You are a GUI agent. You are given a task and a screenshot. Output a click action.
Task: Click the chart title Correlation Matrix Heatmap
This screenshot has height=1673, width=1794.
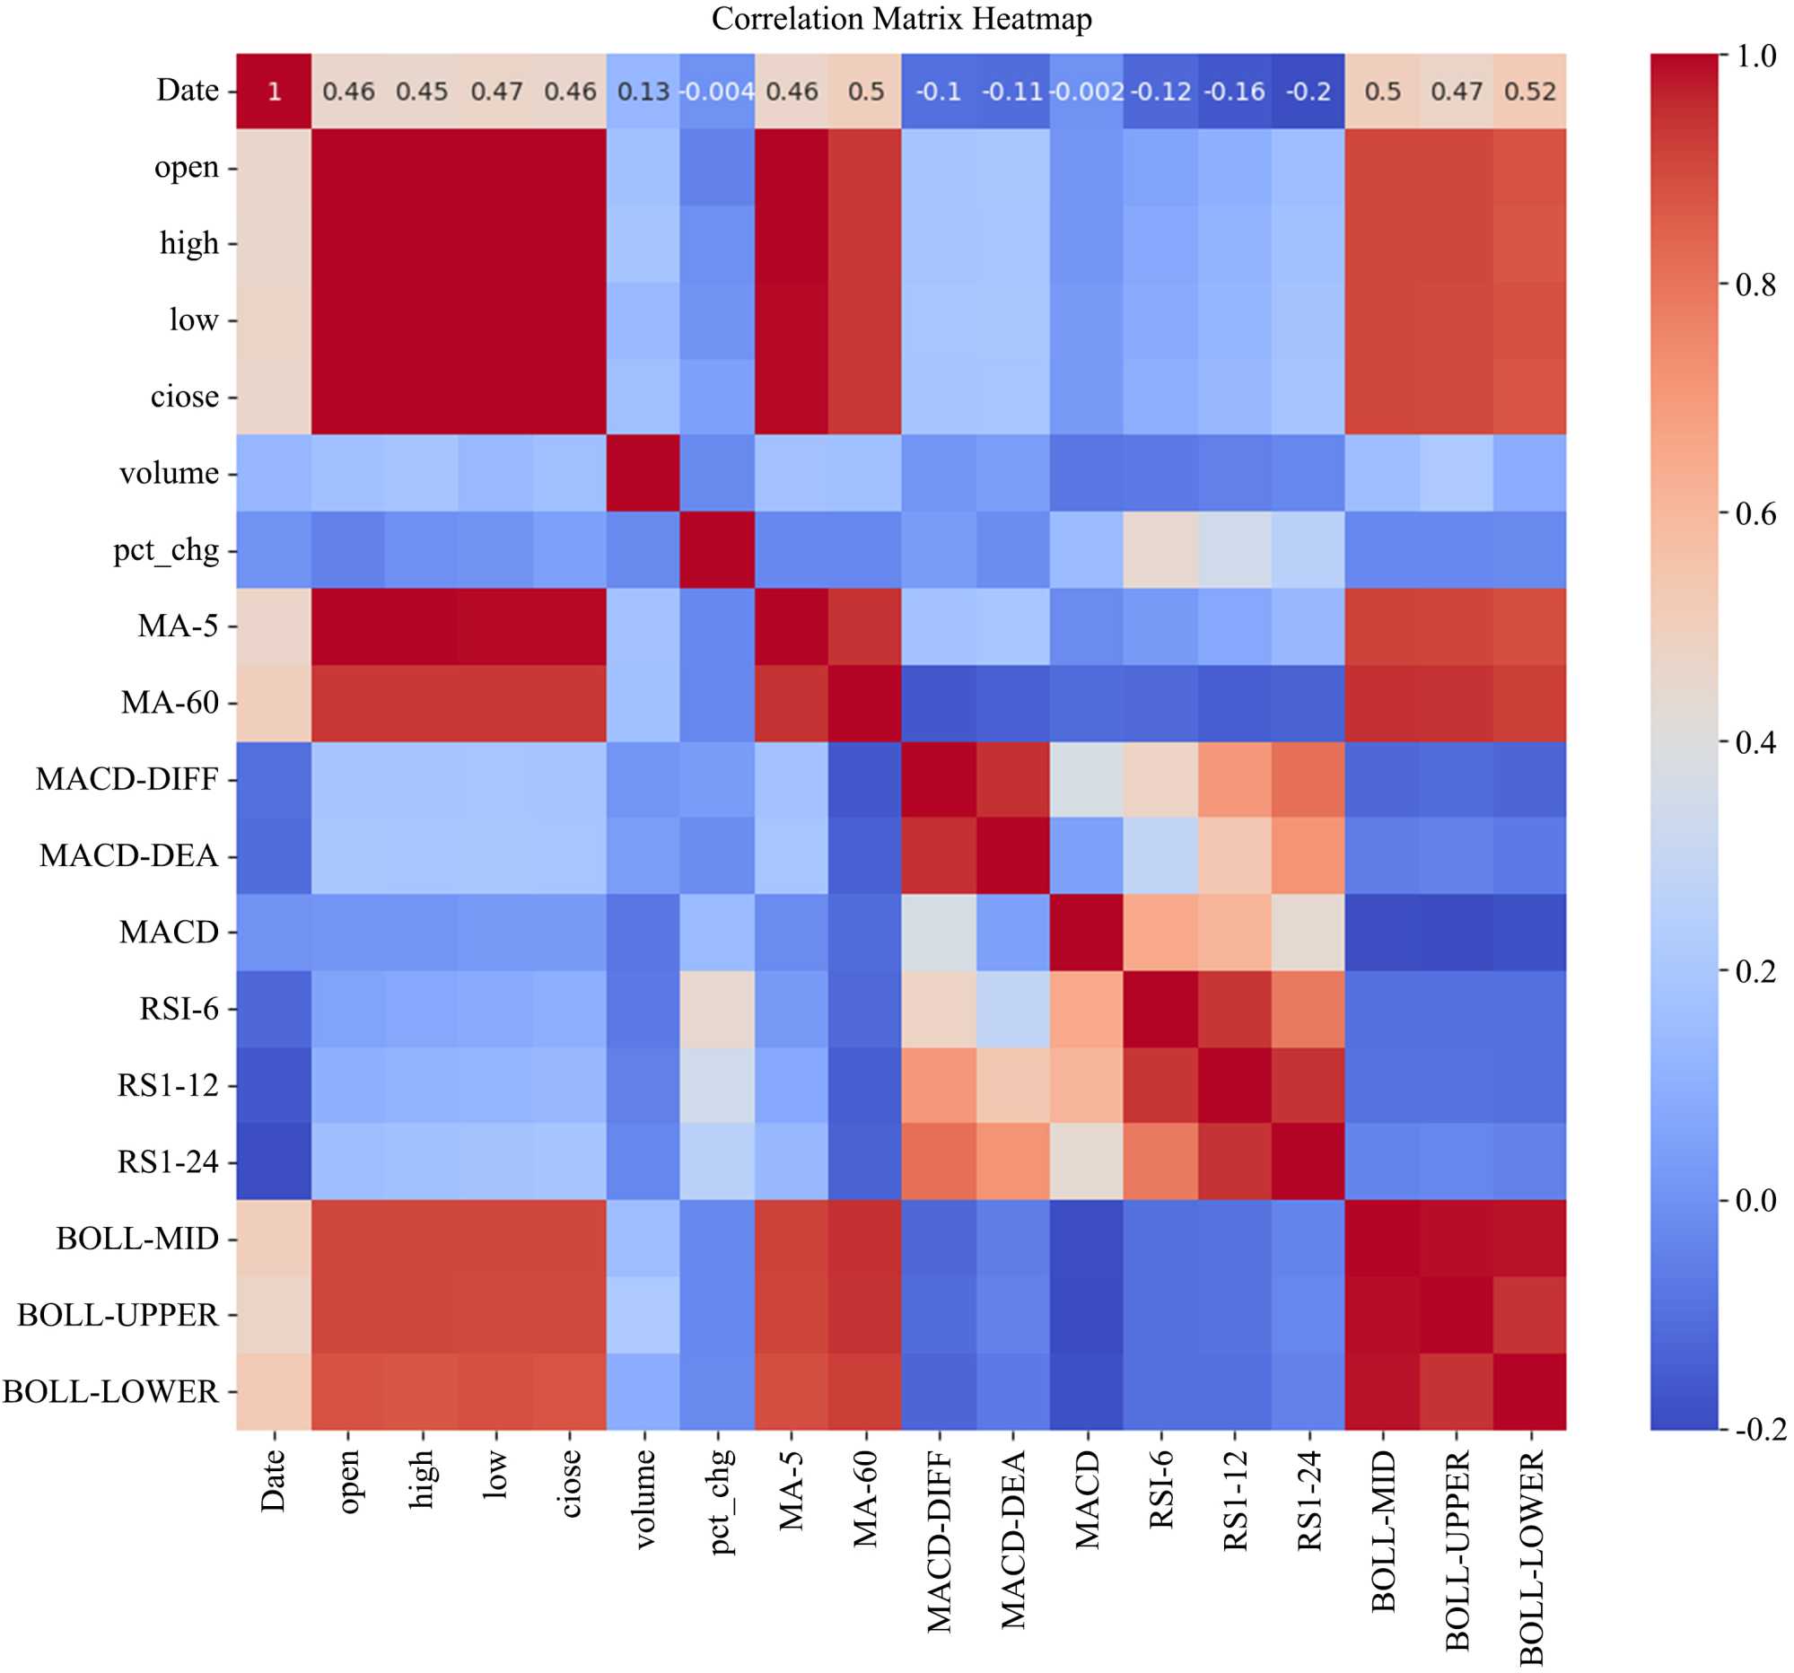point(901,19)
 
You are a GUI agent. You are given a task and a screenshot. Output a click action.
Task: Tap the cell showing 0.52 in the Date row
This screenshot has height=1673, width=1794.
point(1529,92)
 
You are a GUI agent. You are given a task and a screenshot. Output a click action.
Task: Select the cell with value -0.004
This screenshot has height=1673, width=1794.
point(716,92)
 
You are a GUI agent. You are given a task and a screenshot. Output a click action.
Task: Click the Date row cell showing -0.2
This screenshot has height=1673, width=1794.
point(1308,92)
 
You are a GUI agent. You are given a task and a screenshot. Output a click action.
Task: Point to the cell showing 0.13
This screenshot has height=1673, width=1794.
point(643,92)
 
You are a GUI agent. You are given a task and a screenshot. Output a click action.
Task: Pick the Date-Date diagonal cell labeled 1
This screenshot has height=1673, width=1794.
point(275,92)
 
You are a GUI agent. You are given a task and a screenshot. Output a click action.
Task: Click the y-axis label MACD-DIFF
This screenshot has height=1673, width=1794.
point(127,779)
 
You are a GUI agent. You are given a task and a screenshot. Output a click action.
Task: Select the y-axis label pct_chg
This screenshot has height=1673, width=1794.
point(166,550)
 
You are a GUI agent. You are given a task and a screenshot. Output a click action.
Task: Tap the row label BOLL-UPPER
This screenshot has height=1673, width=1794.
point(118,1315)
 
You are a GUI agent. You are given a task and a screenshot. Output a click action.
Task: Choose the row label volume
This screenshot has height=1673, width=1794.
point(169,473)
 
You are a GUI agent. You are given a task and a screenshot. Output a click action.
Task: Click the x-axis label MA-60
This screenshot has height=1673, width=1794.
point(865,1498)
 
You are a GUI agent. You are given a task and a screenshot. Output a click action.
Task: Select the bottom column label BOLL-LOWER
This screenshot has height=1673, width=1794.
point(1530,1556)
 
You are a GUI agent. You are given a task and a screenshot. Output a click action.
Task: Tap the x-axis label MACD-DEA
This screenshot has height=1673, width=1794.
point(1013,1539)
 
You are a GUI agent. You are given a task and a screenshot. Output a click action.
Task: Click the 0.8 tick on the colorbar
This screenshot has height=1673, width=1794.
point(1755,285)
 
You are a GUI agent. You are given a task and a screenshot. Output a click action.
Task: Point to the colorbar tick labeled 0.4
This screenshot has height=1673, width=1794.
point(1755,742)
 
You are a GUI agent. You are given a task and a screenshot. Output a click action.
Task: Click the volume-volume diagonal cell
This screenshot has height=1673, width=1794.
point(643,473)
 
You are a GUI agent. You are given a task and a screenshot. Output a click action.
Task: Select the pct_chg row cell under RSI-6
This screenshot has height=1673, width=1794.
point(1160,550)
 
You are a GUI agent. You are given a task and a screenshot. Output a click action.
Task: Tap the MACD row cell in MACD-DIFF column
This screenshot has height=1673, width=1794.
point(939,933)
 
